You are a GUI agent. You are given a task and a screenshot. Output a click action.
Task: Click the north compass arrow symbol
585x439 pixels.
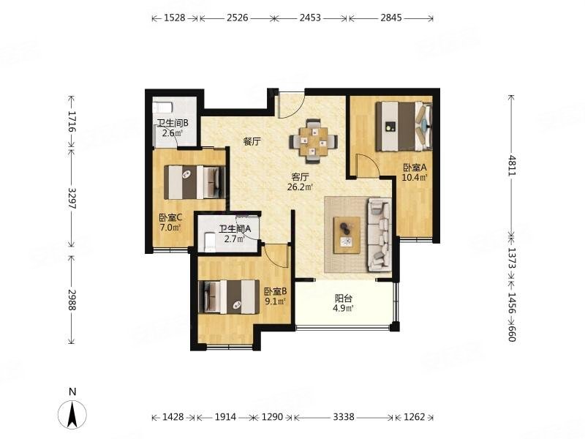(72, 414)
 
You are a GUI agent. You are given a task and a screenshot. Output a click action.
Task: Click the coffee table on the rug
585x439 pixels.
(347, 235)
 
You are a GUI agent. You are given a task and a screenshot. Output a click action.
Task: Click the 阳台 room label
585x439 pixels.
(344, 298)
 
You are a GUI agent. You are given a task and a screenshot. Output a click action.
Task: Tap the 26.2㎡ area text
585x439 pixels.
(300, 187)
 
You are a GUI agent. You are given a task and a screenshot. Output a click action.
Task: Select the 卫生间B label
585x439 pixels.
(173, 124)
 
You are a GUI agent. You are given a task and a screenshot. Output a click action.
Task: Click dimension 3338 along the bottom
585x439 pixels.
(343, 417)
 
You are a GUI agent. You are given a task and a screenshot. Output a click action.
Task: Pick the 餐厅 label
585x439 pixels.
(253, 142)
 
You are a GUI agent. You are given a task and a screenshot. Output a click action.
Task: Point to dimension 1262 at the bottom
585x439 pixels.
(414, 417)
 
